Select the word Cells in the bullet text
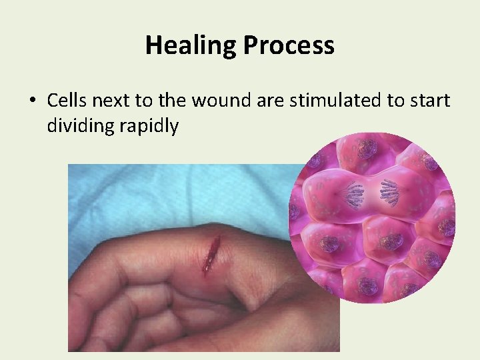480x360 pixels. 67,101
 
